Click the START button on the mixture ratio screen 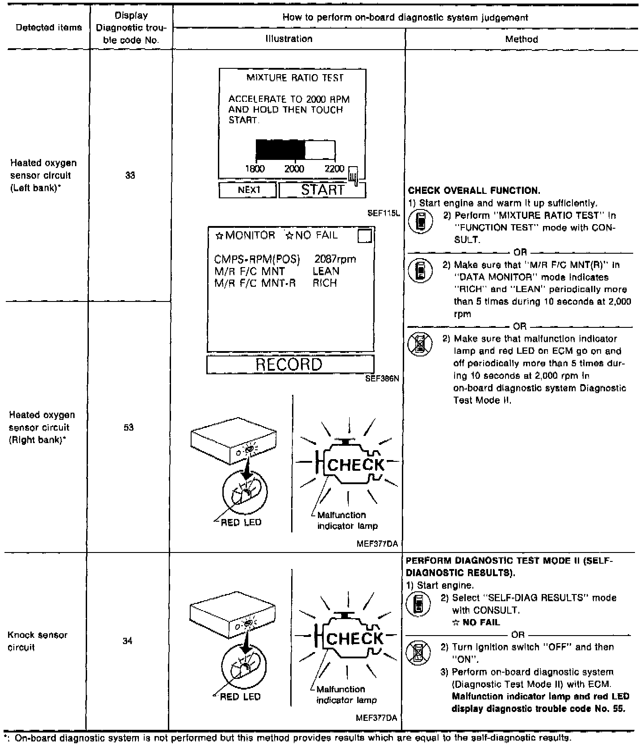pyautogui.click(x=322, y=190)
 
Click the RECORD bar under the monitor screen pyautogui.click(x=289, y=364)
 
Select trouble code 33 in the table pyautogui.click(x=130, y=176)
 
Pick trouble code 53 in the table pyautogui.click(x=129, y=427)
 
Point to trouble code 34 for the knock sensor pyautogui.click(x=128, y=641)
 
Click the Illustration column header pyautogui.click(x=289, y=39)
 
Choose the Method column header pyautogui.click(x=522, y=39)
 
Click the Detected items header pyautogui.click(x=49, y=28)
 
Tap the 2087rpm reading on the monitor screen pyautogui.click(x=335, y=259)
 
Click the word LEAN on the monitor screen pyautogui.click(x=326, y=271)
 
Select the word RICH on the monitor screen pyautogui.click(x=325, y=283)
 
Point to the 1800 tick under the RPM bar pyautogui.click(x=255, y=169)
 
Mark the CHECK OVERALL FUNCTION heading pyautogui.click(x=474, y=191)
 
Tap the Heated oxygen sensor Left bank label pyautogui.click(x=43, y=176)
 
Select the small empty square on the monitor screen pyautogui.click(x=365, y=236)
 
